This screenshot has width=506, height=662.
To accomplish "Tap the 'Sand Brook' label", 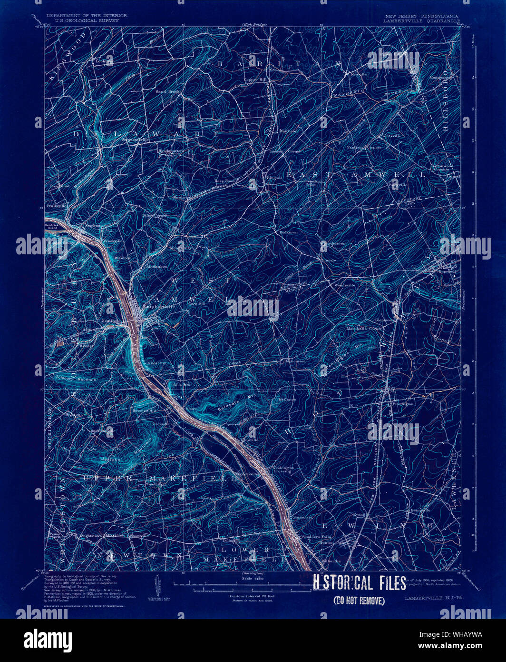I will click(165, 90).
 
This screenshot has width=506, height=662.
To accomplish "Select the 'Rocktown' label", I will click(288, 232).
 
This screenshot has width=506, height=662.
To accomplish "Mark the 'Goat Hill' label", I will click(158, 363).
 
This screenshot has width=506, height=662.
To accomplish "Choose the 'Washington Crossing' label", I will click(283, 470).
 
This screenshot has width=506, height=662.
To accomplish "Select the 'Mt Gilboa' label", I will click(122, 258).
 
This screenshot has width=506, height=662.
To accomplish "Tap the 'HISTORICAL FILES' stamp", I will click(359, 583).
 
